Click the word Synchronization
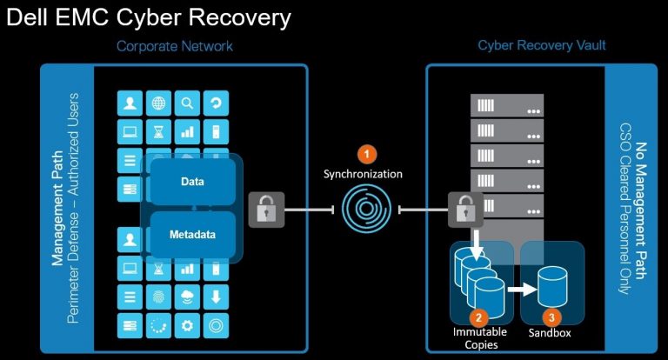(363, 174)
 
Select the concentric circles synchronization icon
(366, 210)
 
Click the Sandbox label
(551, 334)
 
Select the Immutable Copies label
(476, 340)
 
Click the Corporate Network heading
(175, 45)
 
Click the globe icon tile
(158, 103)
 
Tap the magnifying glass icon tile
(187, 103)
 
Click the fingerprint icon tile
(158, 297)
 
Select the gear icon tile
(187, 326)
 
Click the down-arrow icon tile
(215, 297)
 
